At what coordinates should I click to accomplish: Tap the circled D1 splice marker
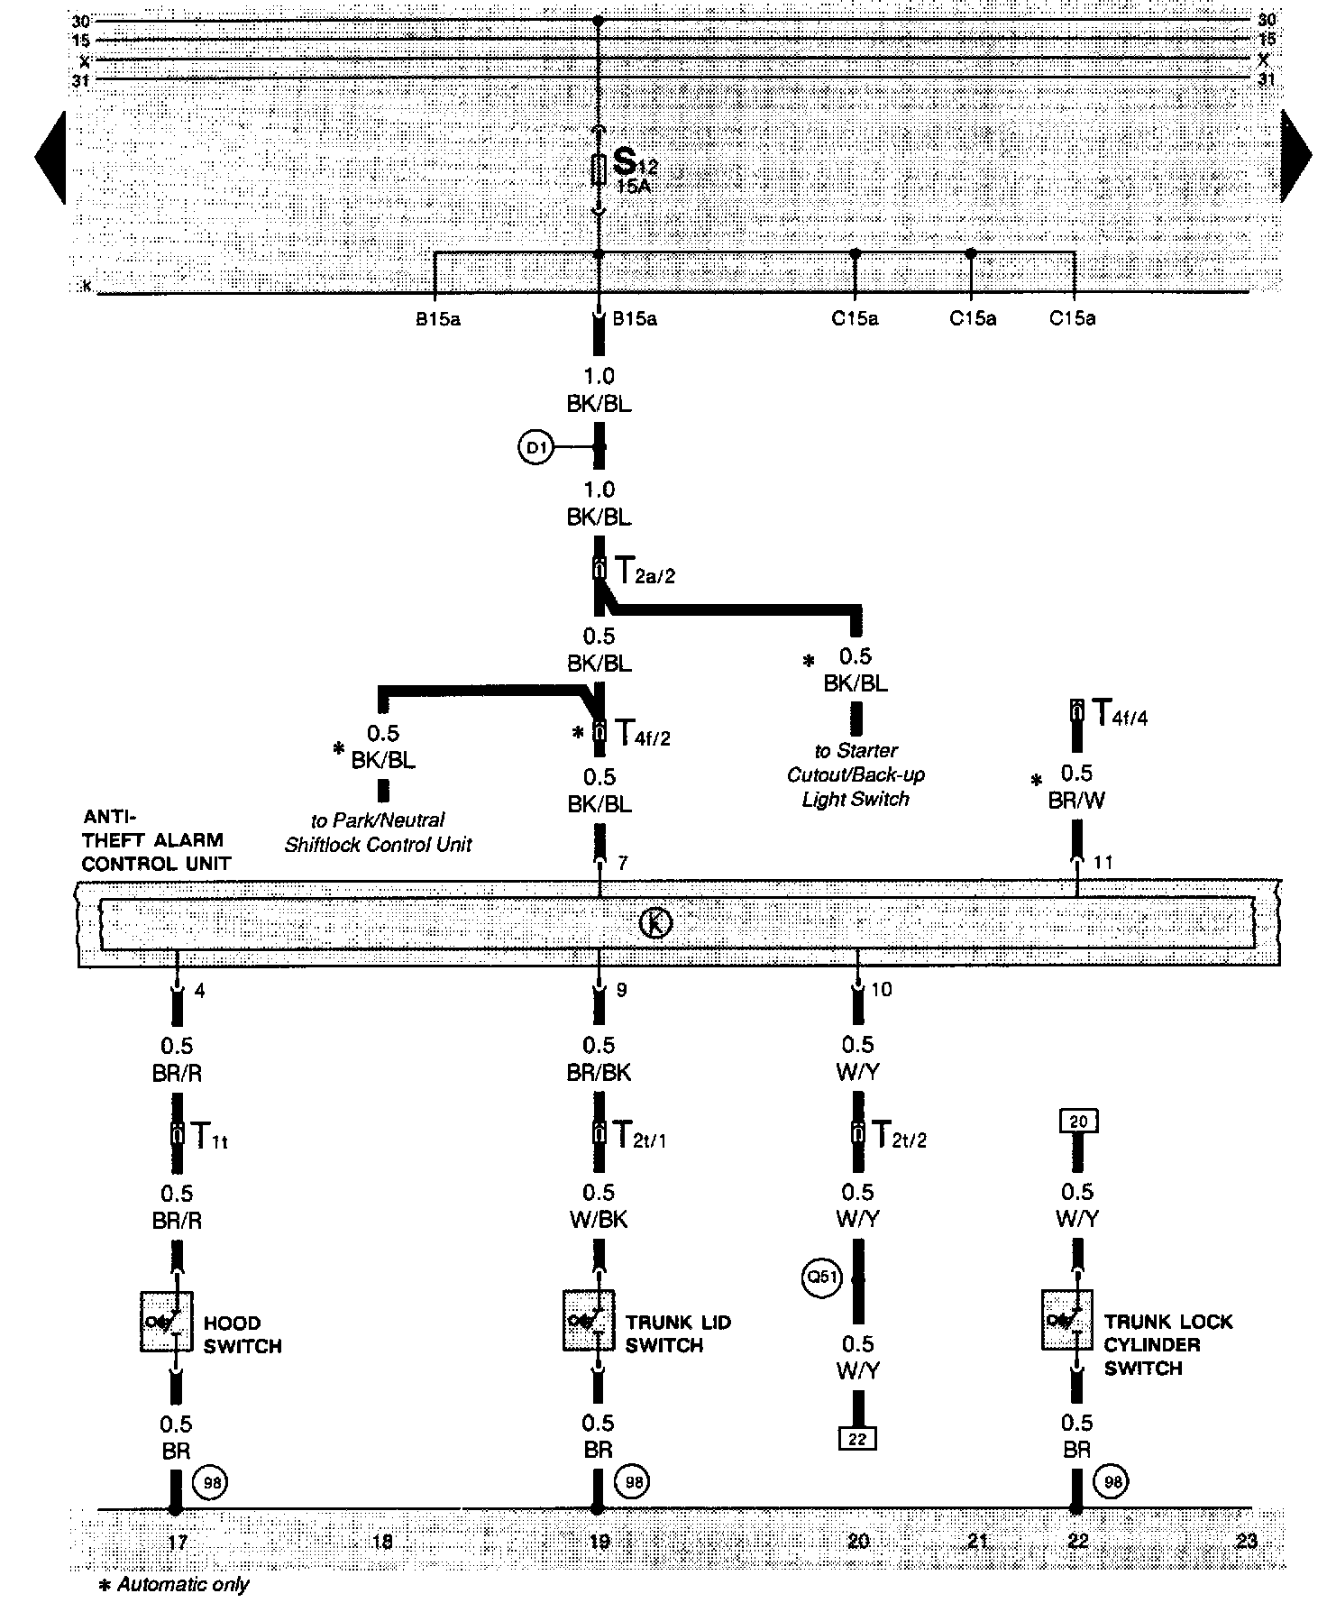(x=536, y=447)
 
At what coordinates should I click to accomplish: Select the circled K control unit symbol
(x=655, y=923)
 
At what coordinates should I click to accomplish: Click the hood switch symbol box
(x=167, y=1321)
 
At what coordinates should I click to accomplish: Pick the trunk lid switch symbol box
(x=589, y=1321)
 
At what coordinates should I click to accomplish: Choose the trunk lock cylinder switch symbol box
(x=1067, y=1320)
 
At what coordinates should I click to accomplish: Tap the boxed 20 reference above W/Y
(x=1078, y=1122)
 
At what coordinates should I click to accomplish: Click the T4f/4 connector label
(x=1120, y=714)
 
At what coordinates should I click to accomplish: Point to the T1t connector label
(x=210, y=1135)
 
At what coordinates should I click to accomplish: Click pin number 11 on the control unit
(x=1103, y=863)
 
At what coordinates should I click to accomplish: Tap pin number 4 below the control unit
(x=199, y=991)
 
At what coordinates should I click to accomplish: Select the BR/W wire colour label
(x=1076, y=800)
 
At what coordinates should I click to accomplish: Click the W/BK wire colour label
(x=599, y=1220)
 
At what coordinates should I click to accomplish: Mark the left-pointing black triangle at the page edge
(x=51, y=158)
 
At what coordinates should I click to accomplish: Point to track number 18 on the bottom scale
(x=382, y=1541)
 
